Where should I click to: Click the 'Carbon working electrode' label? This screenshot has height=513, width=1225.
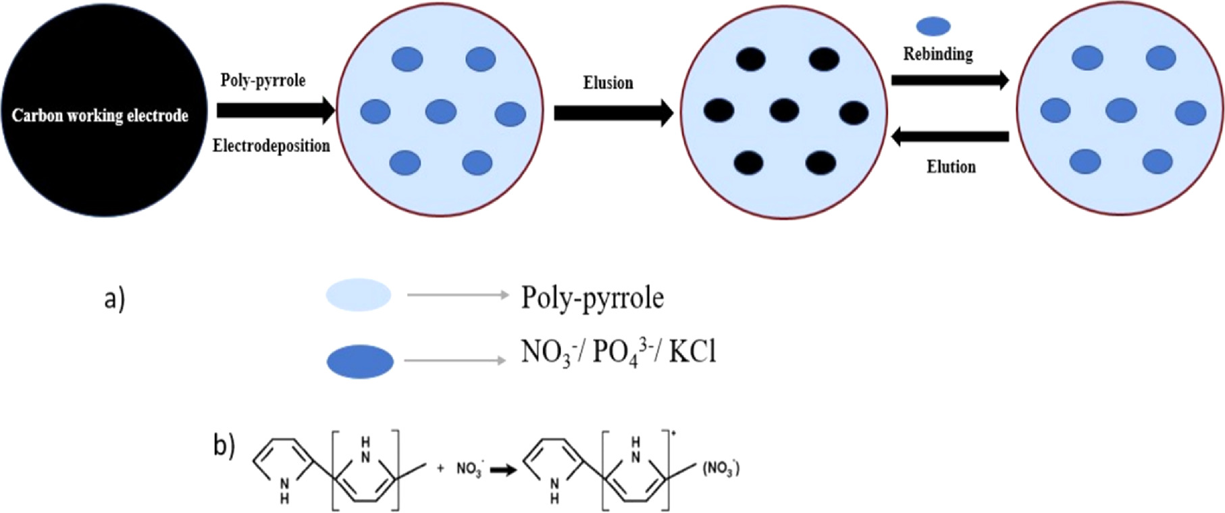[100, 116]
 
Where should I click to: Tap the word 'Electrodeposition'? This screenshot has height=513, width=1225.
[271, 145]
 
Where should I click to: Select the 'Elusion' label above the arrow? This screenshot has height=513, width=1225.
[608, 82]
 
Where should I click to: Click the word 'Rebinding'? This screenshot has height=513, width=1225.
[938, 54]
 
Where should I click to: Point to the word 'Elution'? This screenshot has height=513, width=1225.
[951, 166]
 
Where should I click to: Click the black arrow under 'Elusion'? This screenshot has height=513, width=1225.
[614, 113]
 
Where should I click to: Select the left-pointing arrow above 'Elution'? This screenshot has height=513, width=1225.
[950, 137]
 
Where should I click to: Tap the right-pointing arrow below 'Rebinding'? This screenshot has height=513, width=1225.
[950, 80]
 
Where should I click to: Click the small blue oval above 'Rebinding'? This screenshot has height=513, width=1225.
[933, 26]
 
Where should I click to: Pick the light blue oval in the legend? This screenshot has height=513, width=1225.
[359, 295]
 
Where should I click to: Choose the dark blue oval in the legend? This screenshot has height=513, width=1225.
[360, 362]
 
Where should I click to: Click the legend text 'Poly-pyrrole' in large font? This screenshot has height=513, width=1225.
[592, 297]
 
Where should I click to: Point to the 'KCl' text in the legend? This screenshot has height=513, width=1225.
[692, 351]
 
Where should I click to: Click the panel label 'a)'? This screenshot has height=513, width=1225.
[115, 298]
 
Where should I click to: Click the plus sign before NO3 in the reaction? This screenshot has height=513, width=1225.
[440, 468]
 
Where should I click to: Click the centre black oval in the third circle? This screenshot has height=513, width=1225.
[784, 110]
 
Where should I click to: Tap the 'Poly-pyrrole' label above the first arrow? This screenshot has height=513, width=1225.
[263, 80]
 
